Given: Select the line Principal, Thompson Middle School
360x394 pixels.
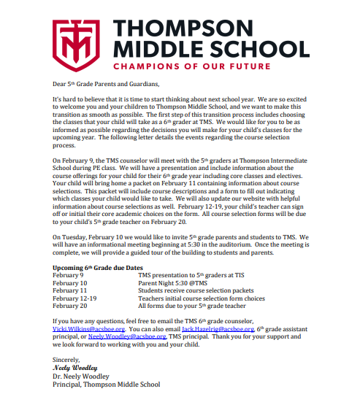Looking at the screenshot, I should tap(106, 385).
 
